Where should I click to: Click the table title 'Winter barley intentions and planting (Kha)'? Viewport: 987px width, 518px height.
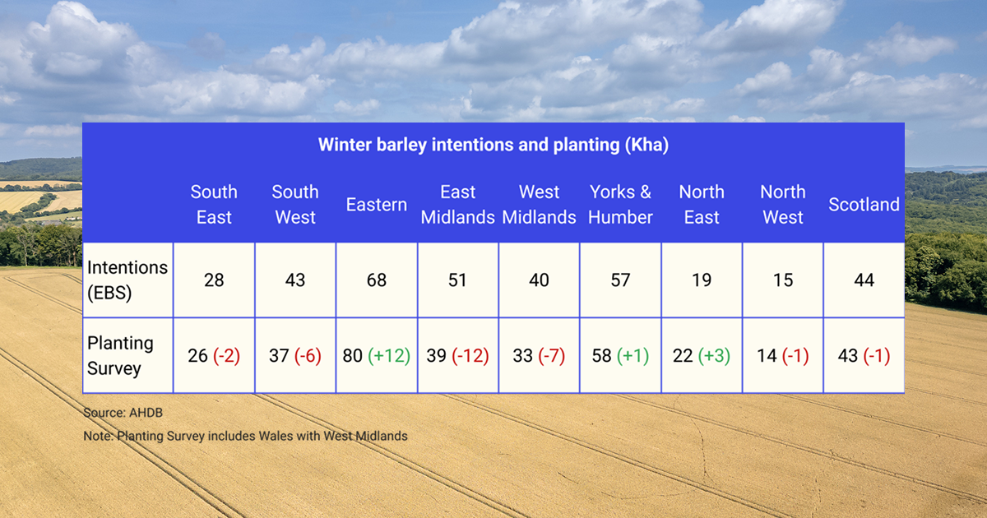coord(493,146)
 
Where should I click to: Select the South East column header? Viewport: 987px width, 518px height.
coord(214,205)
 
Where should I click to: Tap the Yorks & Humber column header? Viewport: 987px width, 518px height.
coord(620,205)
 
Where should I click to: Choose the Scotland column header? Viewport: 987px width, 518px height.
coord(864,205)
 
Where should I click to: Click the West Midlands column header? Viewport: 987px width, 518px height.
coord(539,205)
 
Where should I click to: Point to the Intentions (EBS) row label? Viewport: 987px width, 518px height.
coord(127,280)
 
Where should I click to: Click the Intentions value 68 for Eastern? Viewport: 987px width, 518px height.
coord(377,280)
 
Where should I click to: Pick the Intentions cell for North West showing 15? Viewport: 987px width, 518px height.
coord(782,280)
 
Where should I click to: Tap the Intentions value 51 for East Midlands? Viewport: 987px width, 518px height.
coord(457,280)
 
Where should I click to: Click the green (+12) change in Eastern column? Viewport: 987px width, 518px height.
coord(389,356)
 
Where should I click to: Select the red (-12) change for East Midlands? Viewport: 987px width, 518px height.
coord(470,356)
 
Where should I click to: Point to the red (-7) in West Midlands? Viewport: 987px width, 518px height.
coord(551,356)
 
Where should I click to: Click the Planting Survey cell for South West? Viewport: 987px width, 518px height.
coord(295,356)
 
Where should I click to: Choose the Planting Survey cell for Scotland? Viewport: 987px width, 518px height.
coord(864,356)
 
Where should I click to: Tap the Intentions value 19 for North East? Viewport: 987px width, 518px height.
coord(702,280)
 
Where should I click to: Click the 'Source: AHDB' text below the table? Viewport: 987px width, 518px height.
coord(118,411)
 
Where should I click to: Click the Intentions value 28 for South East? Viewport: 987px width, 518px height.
coord(214,280)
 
